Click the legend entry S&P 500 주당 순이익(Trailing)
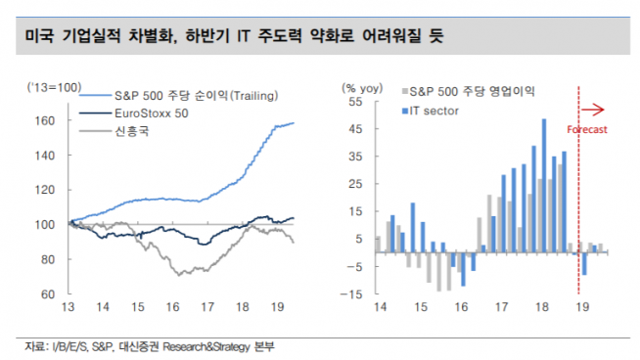(196, 95)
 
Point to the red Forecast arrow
(595, 108)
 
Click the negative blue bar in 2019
(584, 263)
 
